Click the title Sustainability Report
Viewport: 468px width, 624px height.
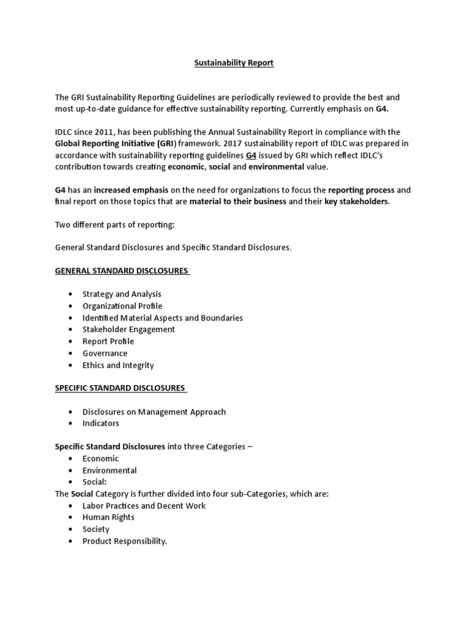tap(234, 63)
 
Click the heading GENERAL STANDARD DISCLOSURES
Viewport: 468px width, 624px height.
tap(122, 271)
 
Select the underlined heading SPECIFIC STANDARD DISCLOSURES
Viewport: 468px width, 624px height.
tap(121, 388)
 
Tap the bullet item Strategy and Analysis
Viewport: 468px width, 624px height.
tap(122, 294)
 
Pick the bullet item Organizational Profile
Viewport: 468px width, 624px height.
tap(122, 306)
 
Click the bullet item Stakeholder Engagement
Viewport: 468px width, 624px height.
tap(129, 330)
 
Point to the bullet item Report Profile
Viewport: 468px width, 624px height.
tap(108, 341)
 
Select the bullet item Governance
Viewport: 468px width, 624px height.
tap(105, 353)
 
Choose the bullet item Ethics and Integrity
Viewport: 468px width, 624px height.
tap(118, 366)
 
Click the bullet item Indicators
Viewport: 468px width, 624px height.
tap(101, 424)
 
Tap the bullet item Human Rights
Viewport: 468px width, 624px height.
tap(108, 517)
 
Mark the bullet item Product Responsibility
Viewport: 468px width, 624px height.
tap(124, 541)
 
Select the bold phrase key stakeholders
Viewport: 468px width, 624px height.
tap(356, 202)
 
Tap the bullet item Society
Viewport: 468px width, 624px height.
tap(96, 530)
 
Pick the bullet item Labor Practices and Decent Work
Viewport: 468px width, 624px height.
tap(144, 506)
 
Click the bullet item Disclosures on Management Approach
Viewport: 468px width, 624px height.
tap(154, 412)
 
